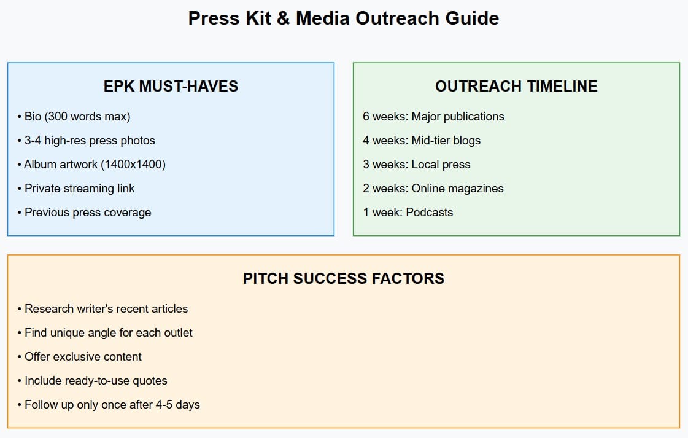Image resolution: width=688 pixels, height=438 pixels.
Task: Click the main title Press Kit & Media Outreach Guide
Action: pyautogui.click(x=343, y=18)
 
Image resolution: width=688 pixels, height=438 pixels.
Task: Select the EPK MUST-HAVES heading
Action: pyautogui.click(x=171, y=87)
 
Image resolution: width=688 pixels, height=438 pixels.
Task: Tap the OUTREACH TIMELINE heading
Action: pyautogui.click(x=516, y=87)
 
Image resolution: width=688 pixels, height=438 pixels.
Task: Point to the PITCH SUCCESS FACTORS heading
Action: pyautogui.click(x=344, y=279)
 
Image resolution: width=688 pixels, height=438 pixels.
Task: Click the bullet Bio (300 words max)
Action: pyautogui.click(x=74, y=117)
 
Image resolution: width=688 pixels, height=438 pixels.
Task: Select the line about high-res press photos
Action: pyautogui.click(x=87, y=141)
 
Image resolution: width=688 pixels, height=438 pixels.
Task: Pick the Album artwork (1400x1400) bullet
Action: pyautogui.click(x=91, y=165)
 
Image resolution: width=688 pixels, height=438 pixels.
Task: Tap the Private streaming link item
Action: pyautogui.click(x=76, y=189)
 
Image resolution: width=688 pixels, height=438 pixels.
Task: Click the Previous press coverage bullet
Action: pyautogui.click(x=84, y=213)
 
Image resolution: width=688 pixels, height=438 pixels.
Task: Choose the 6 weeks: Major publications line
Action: pyautogui.click(x=433, y=117)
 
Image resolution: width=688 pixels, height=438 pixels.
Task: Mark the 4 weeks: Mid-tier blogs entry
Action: pyautogui.click(x=422, y=141)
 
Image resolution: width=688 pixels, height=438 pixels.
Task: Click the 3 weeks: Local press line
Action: pyautogui.click(x=416, y=165)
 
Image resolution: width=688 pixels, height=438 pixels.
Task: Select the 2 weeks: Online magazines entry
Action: pyautogui.click(x=433, y=189)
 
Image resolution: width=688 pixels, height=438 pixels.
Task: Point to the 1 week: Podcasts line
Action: pyautogui.click(x=408, y=213)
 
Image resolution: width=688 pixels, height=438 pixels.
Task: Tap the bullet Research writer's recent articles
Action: pyautogui.click(x=103, y=309)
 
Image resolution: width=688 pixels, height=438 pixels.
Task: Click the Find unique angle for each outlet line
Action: pyautogui.click(x=105, y=333)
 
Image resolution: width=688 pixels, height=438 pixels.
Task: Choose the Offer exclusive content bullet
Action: pyautogui.click(x=80, y=357)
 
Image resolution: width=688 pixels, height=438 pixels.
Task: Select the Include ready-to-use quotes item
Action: pyautogui.click(x=93, y=381)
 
